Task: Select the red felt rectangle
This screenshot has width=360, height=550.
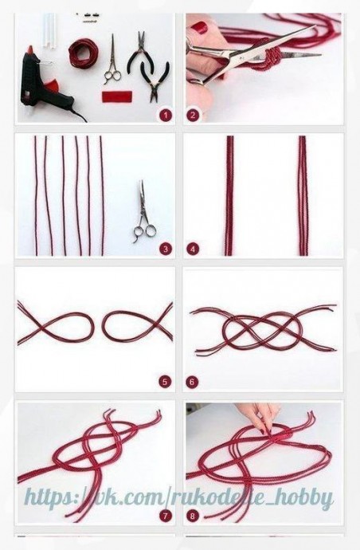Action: pyautogui.click(x=117, y=96)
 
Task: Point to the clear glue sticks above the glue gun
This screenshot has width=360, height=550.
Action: pyautogui.click(x=49, y=31)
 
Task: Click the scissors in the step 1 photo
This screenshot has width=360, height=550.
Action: pyautogui.click(x=113, y=60)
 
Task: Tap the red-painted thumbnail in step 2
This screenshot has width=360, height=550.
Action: pyautogui.click(x=200, y=27)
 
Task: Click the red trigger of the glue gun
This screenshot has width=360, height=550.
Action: pyautogui.click(x=53, y=85)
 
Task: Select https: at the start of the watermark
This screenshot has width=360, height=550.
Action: pyautogui.click(x=53, y=498)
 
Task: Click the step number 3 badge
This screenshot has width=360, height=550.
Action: pyautogui.click(x=166, y=249)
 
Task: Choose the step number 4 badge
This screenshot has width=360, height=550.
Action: pyautogui.click(x=193, y=249)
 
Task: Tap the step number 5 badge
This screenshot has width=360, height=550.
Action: pyautogui.click(x=165, y=382)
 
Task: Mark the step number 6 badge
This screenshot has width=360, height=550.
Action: pyautogui.click(x=192, y=382)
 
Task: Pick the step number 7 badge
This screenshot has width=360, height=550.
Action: pyautogui.click(x=165, y=516)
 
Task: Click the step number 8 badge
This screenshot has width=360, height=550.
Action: pyautogui.click(x=193, y=516)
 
